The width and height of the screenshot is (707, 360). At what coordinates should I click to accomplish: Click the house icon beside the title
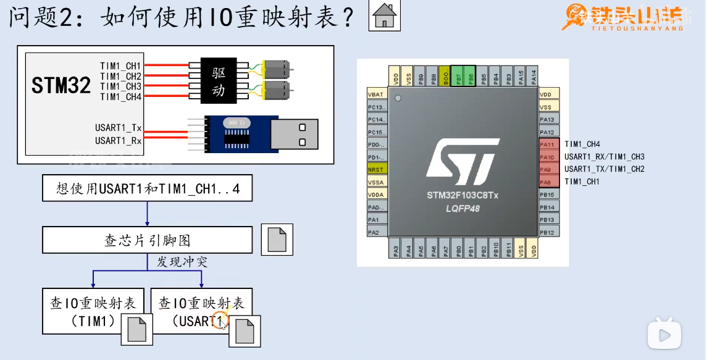tap(384, 15)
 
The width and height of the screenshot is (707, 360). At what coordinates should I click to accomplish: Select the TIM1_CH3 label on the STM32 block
tap(121, 86)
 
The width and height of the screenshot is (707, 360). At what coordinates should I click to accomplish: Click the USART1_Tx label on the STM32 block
tap(119, 128)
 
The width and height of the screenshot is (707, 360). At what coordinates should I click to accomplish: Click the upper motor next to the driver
tap(276, 68)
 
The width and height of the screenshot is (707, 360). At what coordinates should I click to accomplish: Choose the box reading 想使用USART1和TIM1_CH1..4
tap(148, 188)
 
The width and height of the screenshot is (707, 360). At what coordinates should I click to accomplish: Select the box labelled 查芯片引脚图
tap(148, 240)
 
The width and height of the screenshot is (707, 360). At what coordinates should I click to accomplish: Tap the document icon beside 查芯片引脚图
tap(277, 240)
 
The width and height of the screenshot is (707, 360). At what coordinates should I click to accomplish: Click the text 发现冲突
tap(182, 262)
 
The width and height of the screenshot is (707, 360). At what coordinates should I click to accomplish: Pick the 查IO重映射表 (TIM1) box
tap(93, 311)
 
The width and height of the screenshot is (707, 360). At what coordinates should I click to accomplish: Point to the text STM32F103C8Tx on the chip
tap(462, 196)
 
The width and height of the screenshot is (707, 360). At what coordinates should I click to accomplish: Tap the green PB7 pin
tap(458, 77)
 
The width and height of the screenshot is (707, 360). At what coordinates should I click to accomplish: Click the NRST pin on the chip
tap(375, 169)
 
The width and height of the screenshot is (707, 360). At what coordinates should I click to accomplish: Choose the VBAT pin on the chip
tap(375, 94)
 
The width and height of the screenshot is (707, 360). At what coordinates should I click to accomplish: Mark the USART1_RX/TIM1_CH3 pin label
tap(604, 157)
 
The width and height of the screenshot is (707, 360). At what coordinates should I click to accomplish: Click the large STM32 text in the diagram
tap(61, 86)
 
